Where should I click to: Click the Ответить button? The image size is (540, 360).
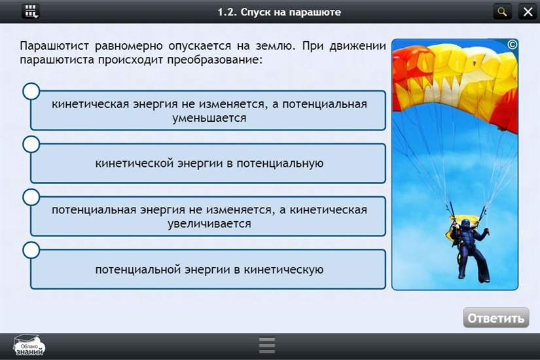click(496, 317)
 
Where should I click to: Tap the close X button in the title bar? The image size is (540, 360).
click(528, 12)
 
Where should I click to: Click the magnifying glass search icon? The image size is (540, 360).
click(503, 12)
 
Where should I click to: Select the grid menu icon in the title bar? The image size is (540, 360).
click(31, 12)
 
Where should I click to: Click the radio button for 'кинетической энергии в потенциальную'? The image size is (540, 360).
click(31, 145)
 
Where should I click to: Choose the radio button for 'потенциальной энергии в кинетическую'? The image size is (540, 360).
click(31, 250)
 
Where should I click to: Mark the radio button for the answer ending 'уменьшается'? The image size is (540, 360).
click(31, 91)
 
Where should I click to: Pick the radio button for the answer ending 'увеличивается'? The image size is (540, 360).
click(31, 197)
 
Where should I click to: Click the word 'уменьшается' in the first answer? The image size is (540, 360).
click(209, 118)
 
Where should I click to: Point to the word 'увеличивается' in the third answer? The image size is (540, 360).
click(209, 224)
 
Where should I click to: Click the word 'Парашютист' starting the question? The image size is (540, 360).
click(54, 46)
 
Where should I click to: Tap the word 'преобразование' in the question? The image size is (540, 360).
click(214, 60)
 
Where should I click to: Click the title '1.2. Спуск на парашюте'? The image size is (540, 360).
click(279, 12)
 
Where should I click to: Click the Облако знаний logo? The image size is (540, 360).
click(29, 346)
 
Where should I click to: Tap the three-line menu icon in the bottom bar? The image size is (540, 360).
click(267, 345)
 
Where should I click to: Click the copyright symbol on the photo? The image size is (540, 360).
click(512, 45)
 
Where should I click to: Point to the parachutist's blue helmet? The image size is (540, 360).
click(465, 223)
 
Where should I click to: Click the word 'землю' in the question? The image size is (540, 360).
click(276, 46)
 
